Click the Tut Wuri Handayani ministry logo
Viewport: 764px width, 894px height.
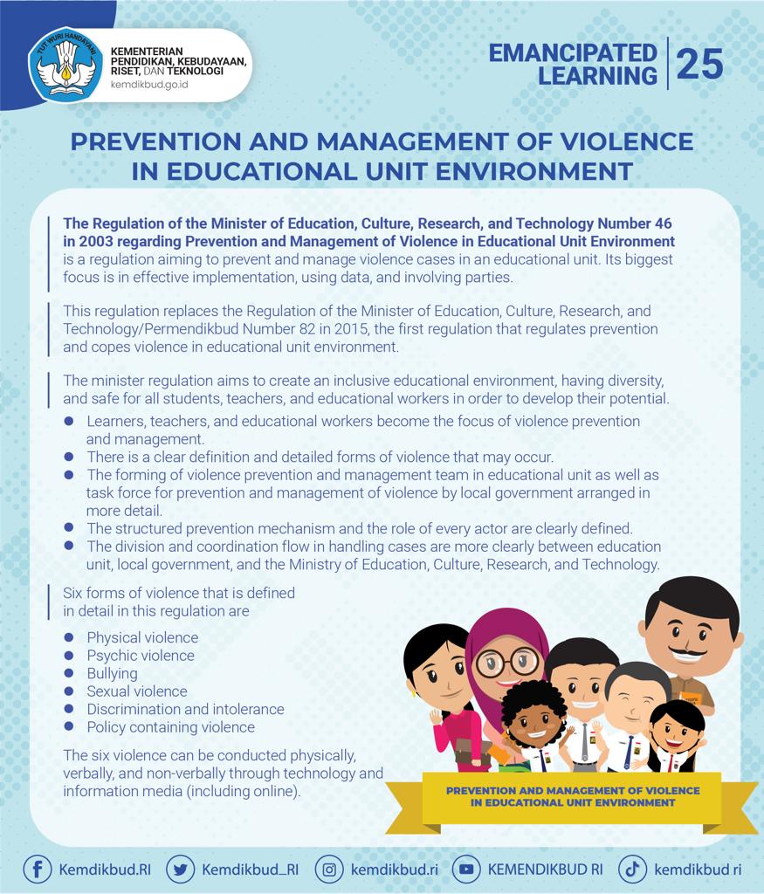[65, 66]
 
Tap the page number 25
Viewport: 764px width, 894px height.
[699, 64]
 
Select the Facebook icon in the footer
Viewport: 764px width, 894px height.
[37, 870]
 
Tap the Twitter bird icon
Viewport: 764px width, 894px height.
[180, 870]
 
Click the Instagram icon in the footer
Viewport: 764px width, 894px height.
[329, 870]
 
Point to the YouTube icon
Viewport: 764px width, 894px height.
[466, 870]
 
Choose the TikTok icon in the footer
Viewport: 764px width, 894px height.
[633, 870]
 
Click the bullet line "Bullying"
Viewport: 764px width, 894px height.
[112, 673]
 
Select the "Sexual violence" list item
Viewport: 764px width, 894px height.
[136, 691]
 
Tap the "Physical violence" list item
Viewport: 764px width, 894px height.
[141, 637]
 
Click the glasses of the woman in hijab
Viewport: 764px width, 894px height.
[507, 661]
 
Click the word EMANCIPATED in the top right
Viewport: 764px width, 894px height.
[572, 53]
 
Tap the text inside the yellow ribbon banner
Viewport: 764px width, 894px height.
[572, 796]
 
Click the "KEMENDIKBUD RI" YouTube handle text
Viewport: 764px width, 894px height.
[545, 870]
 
